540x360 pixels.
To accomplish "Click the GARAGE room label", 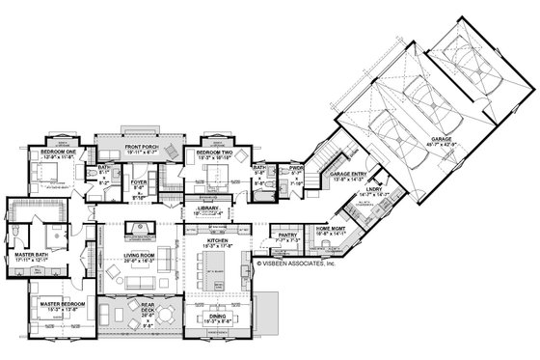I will click(x=444, y=138).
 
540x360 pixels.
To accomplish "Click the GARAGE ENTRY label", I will click(x=347, y=175).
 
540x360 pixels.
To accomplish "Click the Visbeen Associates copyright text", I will click(x=298, y=260).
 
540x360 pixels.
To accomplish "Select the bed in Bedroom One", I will click(x=42, y=175).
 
